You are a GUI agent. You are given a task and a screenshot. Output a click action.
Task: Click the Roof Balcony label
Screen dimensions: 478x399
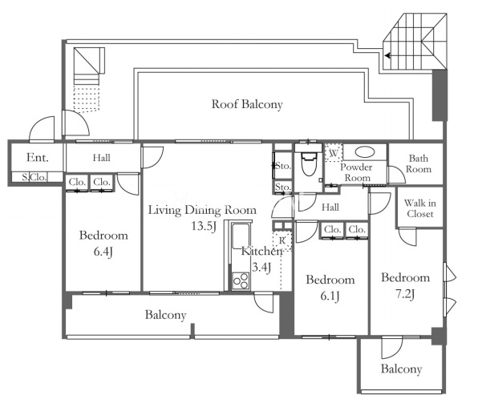click(x=247, y=104)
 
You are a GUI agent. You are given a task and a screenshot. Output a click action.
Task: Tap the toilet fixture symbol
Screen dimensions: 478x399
click(x=309, y=163)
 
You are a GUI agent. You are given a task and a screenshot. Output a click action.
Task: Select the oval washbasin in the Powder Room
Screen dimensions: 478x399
click(x=365, y=152)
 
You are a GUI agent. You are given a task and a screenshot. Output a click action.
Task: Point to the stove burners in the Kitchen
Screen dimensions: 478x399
click(x=241, y=281)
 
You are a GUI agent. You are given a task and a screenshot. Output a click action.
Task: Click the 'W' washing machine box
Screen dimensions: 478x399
click(x=334, y=153)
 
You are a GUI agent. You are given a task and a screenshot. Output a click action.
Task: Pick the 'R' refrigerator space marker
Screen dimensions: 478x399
click(x=282, y=241)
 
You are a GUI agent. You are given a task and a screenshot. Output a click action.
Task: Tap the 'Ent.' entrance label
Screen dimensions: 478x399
click(x=38, y=158)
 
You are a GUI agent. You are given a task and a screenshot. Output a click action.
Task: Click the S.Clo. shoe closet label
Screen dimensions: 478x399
click(x=34, y=177)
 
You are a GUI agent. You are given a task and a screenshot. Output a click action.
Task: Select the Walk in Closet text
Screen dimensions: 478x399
click(x=419, y=208)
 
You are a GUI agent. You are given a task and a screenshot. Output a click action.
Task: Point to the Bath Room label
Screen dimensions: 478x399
click(x=419, y=163)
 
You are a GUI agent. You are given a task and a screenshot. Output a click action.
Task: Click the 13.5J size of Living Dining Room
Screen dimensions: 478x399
click(x=204, y=226)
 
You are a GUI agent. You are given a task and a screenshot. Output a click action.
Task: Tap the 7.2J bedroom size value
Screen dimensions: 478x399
click(x=405, y=294)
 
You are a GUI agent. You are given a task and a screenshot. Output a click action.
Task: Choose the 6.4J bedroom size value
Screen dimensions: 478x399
click(x=103, y=252)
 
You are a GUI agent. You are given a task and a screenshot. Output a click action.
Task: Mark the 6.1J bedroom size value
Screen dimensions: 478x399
click(x=330, y=296)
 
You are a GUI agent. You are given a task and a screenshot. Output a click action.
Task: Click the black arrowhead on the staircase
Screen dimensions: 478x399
click(x=387, y=56)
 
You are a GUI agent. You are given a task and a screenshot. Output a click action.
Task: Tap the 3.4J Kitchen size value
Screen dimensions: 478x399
click(x=261, y=268)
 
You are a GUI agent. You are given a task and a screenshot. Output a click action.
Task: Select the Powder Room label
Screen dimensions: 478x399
click(x=356, y=172)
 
